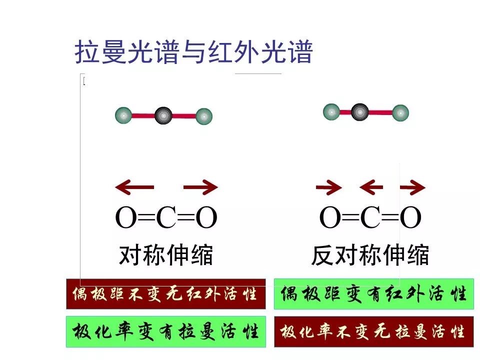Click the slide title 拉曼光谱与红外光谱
coord(193,52)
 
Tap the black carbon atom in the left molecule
coord(163,115)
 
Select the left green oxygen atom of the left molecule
coord(123,115)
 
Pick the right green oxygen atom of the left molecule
coord(203,116)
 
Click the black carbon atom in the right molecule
coord(358,111)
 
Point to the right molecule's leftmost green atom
coord(331,111)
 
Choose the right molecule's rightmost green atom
coord(400,113)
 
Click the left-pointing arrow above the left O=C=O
coord(134,187)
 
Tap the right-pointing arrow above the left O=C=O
coord(200,187)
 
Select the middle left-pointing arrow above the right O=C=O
coord(371,187)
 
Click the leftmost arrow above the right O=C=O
coord(329,187)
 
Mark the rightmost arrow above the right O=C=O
coord(413,187)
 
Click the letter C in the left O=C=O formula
coord(166,217)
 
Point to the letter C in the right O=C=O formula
coord(370,217)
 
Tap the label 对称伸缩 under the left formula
coord(166,255)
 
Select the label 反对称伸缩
coord(370,255)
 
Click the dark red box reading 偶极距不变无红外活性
coord(166,294)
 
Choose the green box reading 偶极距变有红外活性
coord(373,294)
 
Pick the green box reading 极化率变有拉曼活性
coord(166,331)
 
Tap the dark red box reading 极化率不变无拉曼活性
coord(373,331)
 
